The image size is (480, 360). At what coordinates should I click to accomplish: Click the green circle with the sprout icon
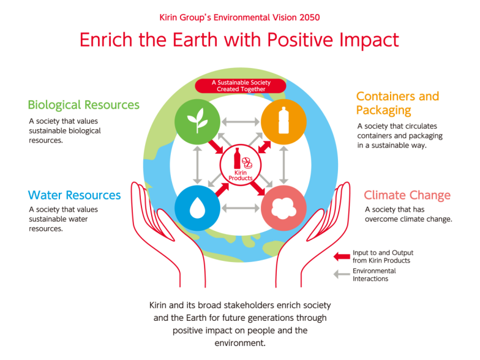(197, 121)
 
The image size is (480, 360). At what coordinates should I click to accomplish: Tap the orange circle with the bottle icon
(284, 121)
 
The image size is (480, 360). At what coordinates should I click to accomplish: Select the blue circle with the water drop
(197, 208)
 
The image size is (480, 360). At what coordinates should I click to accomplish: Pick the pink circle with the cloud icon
(284, 208)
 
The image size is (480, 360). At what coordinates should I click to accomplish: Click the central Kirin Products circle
(241, 165)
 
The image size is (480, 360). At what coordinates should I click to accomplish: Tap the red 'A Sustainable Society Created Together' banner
(241, 86)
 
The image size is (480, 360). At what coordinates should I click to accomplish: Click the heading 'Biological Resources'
(83, 105)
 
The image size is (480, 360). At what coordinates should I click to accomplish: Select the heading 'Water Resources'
(75, 195)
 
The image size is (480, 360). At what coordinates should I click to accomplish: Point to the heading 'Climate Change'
(407, 195)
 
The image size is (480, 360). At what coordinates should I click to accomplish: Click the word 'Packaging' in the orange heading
(383, 110)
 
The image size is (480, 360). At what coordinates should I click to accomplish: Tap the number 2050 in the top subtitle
(310, 17)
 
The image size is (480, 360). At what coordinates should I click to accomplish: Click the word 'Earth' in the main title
(195, 40)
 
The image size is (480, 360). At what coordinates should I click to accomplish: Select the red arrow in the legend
(342, 257)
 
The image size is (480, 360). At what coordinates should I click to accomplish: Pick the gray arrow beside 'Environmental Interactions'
(342, 274)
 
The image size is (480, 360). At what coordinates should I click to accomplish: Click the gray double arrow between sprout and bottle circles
(241, 121)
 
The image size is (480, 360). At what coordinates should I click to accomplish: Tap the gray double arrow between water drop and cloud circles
(241, 208)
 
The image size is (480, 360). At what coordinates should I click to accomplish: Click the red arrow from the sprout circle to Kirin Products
(216, 146)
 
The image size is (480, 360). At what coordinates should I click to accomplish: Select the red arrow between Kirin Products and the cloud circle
(257, 187)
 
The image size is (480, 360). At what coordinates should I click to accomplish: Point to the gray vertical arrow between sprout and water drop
(197, 165)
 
